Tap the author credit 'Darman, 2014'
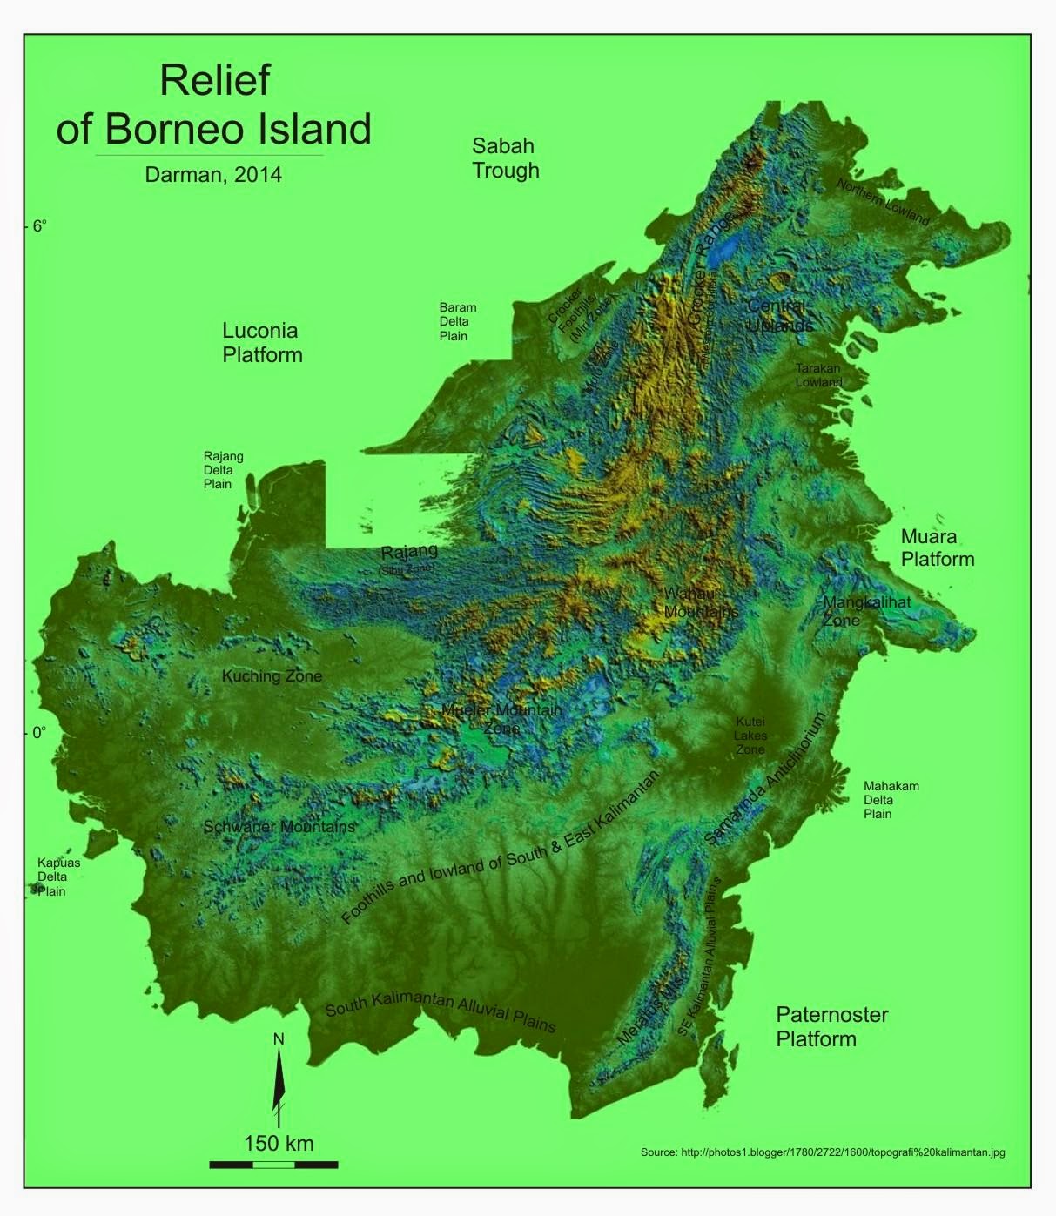(x=213, y=174)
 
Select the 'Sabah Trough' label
(x=505, y=158)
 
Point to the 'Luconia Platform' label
(x=262, y=342)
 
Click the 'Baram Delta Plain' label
(x=457, y=321)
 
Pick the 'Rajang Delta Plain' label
(x=223, y=469)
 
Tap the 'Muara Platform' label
(x=937, y=548)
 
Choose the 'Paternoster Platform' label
(x=831, y=1026)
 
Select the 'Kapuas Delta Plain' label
(x=58, y=877)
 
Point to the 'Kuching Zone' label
(x=272, y=676)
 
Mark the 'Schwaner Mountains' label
(x=279, y=826)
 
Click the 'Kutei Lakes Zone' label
(x=750, y=736)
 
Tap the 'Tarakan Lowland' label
(x=818, y=375)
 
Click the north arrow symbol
(x=279, y=1080)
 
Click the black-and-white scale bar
(x=273, y=1164)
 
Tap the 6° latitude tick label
(x=38, y=226)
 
